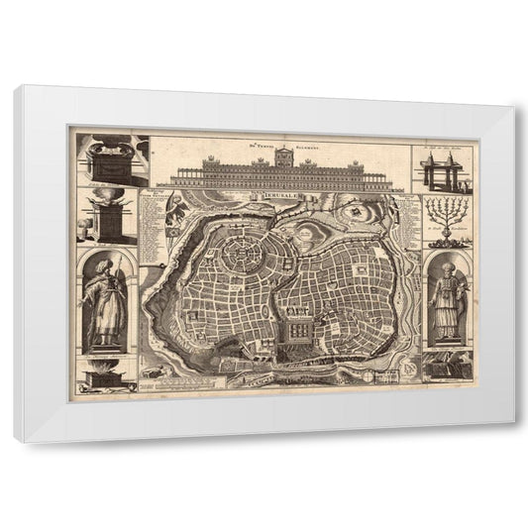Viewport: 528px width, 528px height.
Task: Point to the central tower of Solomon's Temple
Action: [x=282, y=158]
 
